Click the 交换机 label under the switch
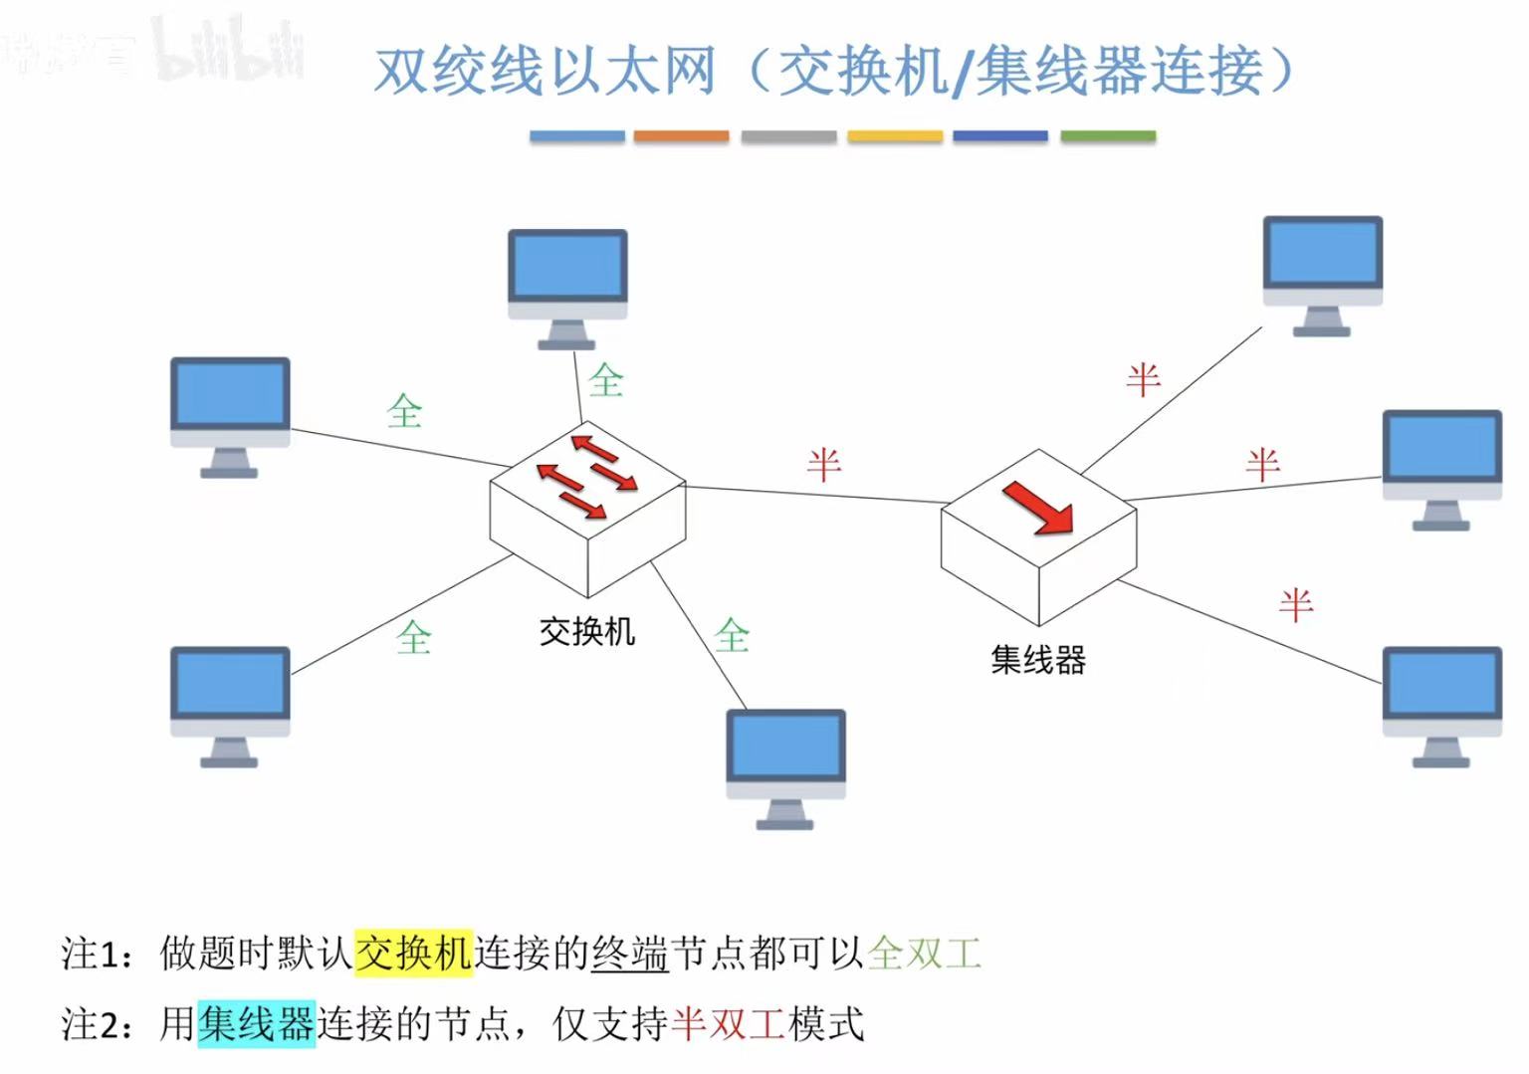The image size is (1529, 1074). coord(586,631)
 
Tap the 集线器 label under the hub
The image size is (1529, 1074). coord(1037,659)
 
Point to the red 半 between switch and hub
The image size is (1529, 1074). coord(824,465)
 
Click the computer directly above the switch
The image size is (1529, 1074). coord(567,287)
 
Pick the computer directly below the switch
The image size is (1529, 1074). coord(785,766)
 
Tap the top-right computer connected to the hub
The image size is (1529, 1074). coord(1322,274)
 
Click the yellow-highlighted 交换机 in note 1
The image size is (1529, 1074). coord(413,953)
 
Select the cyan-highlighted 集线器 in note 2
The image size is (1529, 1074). coord(256,1023)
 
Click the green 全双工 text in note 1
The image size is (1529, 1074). coord(925,953)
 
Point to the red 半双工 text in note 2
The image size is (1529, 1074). coord(729,1023)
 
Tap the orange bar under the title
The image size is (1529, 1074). coord(681,136)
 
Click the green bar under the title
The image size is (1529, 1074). coord(1108,136)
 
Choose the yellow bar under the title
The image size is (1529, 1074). coord(895,136)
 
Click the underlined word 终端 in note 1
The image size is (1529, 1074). coord(629,953)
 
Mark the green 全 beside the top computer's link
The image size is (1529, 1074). coord(605,380)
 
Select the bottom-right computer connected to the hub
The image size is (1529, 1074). coord(1441,705)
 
